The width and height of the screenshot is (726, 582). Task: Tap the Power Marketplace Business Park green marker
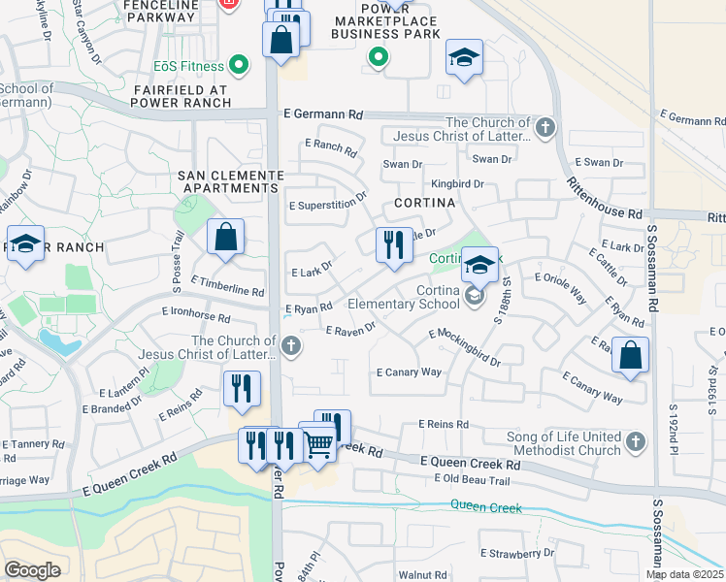(379, 59)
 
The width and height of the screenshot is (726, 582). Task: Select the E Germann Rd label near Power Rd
(323, 114)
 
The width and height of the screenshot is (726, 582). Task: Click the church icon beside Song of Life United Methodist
(636, 442)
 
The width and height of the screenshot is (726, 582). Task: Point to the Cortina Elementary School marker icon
(474, 296)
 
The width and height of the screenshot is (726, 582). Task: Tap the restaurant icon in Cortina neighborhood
(393, 244)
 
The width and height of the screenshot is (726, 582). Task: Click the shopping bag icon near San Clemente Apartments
(225, 237)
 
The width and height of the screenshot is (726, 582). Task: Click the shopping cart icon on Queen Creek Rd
(319, 444)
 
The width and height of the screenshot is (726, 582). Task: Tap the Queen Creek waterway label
(485, 507)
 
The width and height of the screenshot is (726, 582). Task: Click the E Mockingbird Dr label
(465, 347)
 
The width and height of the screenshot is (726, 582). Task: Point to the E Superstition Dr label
(328, 201)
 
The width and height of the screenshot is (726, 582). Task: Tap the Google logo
(33, 570)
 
